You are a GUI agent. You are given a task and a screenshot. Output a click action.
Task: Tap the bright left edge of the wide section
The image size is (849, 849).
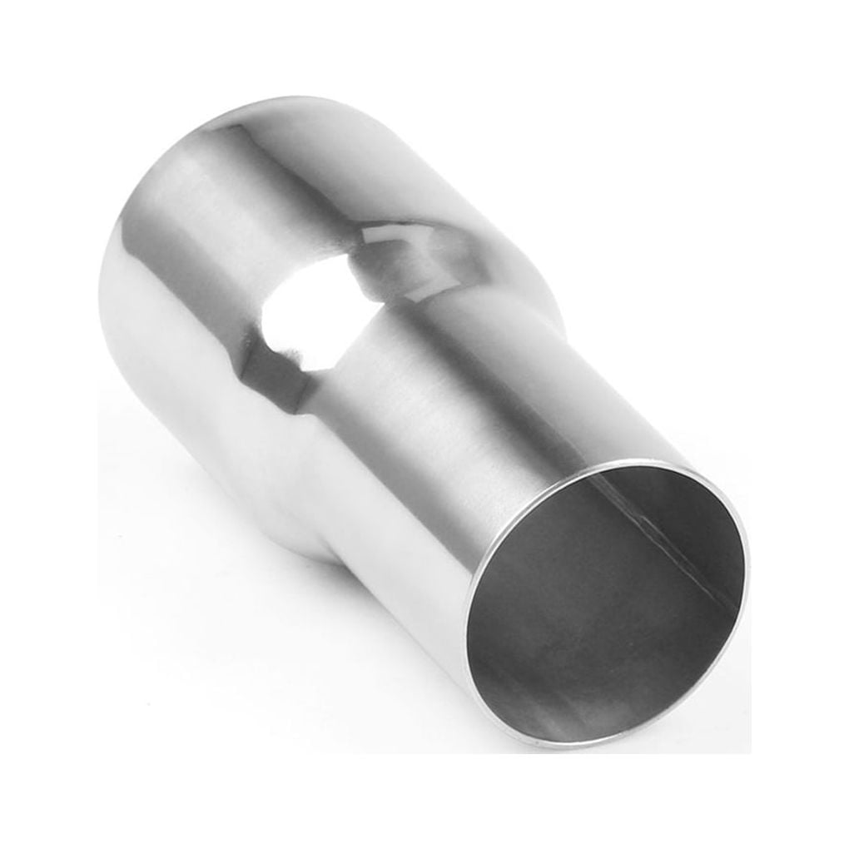pos(112,291)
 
